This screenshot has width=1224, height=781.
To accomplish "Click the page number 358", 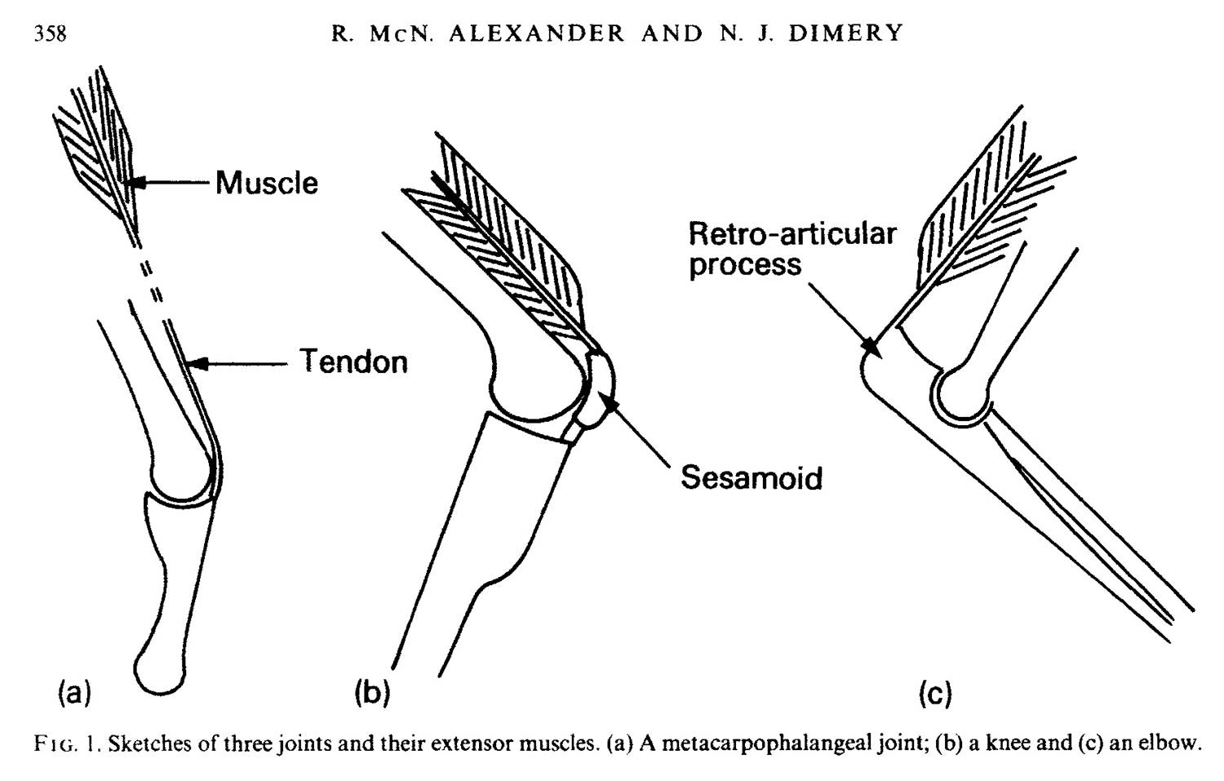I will (50, 33).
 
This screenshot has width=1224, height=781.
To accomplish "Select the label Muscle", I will (267, 183).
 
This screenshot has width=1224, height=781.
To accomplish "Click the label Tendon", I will (353, 361).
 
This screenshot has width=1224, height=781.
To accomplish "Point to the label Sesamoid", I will (751, 477).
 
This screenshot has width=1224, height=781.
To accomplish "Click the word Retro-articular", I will (792, 234).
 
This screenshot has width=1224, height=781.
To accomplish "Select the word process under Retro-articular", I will (744, 265).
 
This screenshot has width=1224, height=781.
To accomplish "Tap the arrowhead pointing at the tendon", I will (196, 363).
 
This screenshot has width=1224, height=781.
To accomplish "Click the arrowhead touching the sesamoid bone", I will (609, 397).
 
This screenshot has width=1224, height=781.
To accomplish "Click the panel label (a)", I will (73, 693).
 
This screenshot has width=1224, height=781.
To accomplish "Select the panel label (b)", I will (372, 693).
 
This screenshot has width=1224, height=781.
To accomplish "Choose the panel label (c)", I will (935, 694).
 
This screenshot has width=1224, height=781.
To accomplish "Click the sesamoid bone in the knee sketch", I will (600, 388).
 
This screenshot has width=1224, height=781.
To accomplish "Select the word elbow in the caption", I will (1176, 744).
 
